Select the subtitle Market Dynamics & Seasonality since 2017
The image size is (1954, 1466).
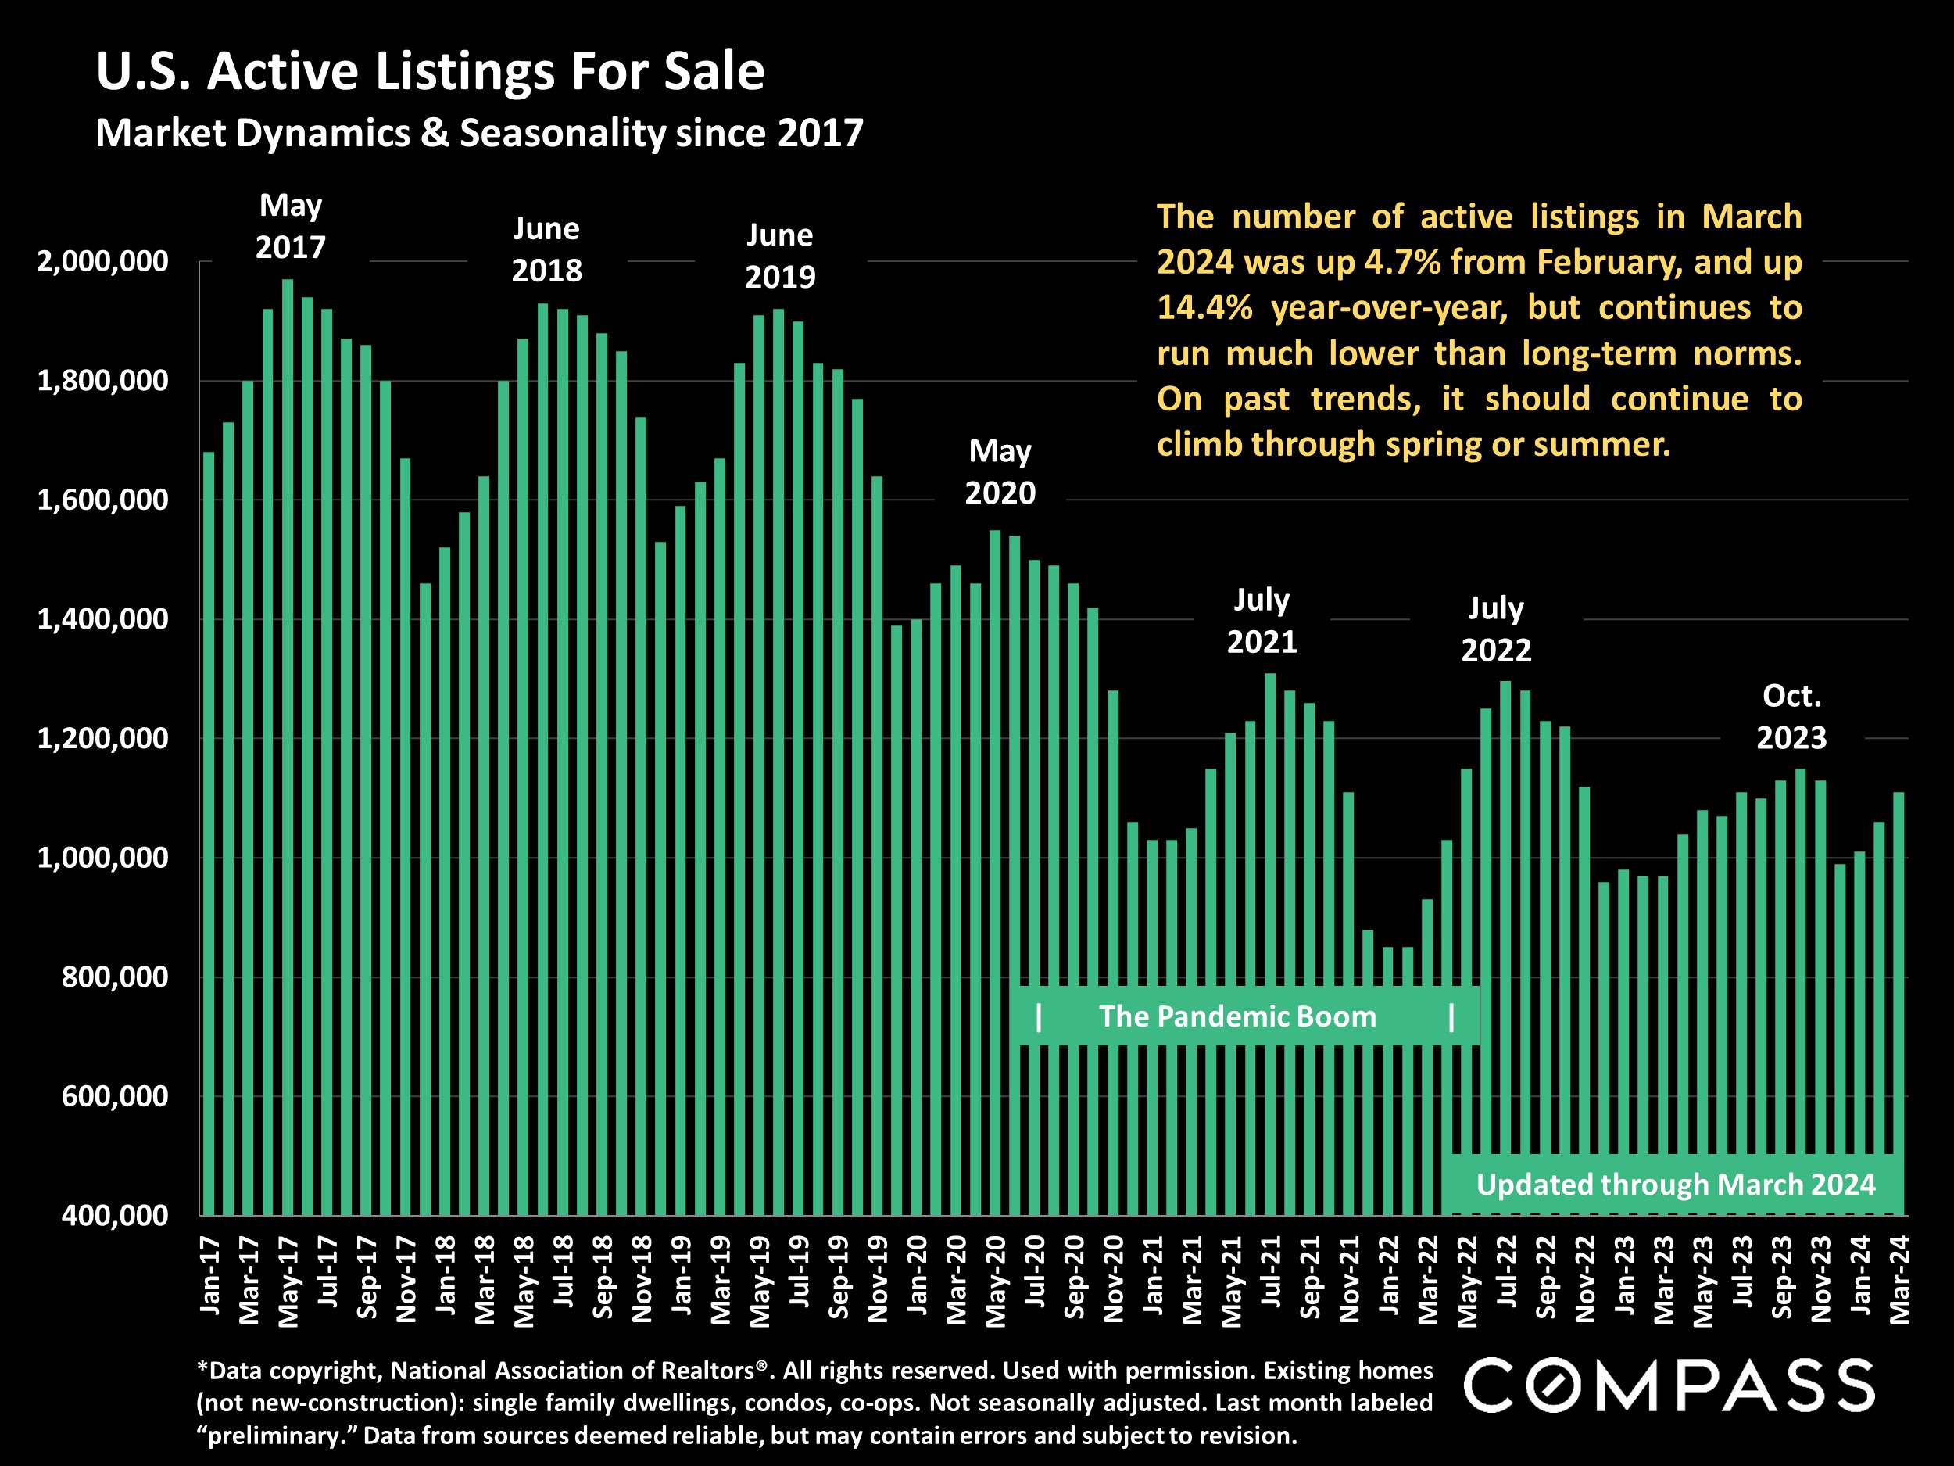pos(479,134)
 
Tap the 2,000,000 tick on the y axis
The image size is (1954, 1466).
pos(102,262)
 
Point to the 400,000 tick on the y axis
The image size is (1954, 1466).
pos(115,1215)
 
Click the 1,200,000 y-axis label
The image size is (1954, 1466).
pos(102,739)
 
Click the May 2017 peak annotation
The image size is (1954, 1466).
pos(291,226)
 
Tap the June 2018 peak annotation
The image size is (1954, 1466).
pos(547,249)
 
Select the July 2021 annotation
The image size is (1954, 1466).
pos(1262,620)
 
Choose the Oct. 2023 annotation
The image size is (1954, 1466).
pos(1791,717)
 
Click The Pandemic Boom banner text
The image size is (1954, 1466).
pos(1236,1016)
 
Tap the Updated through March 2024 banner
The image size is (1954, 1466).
pos(1675,1184)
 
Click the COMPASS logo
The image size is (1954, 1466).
pos(1668,1385)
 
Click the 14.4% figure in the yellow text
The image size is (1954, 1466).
pos(1204,307)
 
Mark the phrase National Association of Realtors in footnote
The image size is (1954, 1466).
pos(572,1371)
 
